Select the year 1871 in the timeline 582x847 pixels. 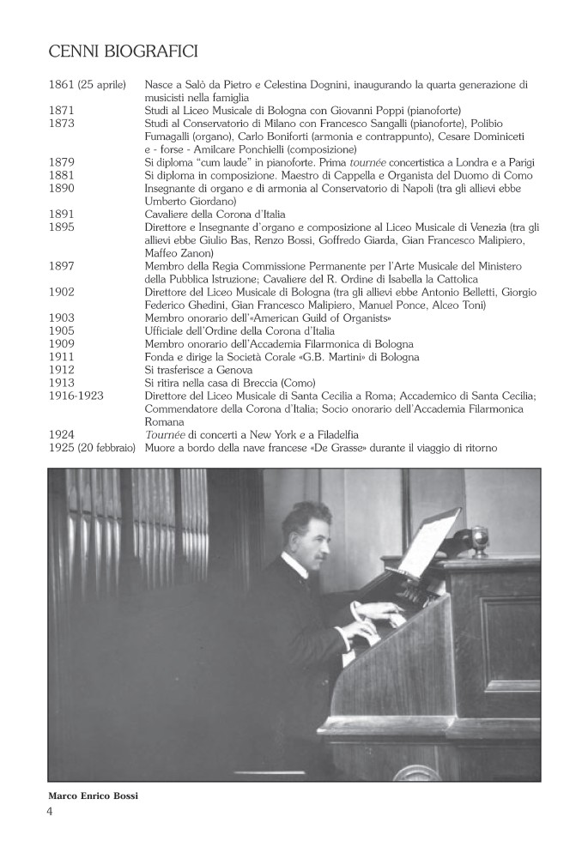[62, 111]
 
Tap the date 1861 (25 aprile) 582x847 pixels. [88, 85]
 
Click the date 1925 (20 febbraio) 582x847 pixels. [92, 448]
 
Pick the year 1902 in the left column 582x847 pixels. [62, 292]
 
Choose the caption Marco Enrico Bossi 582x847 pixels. [93, 796]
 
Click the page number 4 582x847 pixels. [50, 812]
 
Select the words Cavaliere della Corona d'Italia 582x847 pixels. [215, 214]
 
